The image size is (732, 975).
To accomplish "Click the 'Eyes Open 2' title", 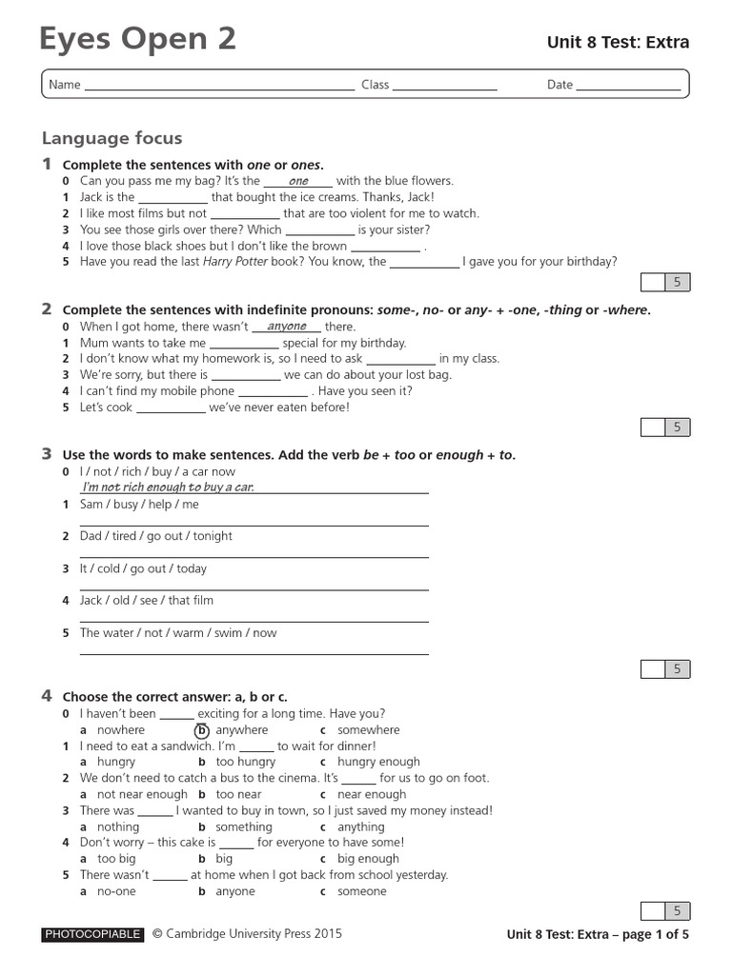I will click(137, 39).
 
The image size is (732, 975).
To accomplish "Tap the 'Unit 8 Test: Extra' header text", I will click(617, 42).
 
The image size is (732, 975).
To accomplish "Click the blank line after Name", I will click(219, 86).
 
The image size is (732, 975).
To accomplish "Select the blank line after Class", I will click(444, 86).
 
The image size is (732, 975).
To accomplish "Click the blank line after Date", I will click(628, 86).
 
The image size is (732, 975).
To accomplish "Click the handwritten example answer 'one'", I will click(298, 181).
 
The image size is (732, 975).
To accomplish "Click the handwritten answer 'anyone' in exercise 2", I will click(287, 327).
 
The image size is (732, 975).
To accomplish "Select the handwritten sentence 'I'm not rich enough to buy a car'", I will click(168, 487).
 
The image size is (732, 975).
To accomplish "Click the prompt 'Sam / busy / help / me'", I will click(139, 505).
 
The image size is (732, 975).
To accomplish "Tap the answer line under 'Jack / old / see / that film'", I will click(254, 621).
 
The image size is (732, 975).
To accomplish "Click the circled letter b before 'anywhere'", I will click(202, 730).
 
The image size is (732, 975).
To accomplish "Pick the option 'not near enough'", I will click(142, 794).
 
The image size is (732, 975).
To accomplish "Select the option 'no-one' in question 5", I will click(116, 891).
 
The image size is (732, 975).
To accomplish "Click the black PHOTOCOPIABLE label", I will click(92, 934).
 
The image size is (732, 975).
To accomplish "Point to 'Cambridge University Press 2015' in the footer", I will click(254, 934).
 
